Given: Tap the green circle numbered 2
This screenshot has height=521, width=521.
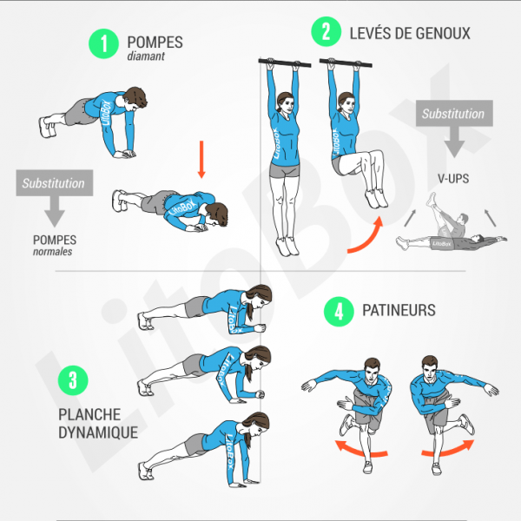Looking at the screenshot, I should pyautogui.click(x=325, y=33).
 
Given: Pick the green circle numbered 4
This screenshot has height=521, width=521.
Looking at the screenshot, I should pyautogui.click(x=336, y=310).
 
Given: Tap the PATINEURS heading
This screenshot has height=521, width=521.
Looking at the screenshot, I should pyautogui.click(x=400, y=310).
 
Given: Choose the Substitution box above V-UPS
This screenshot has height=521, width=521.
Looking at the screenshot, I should pyautogui.click(x=453, y=114).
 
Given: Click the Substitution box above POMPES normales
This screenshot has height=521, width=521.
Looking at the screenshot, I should pyautogui.click(x=54, y=183).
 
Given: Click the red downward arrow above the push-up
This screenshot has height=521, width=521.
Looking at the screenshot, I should pyautogui.click(x=201, y=162).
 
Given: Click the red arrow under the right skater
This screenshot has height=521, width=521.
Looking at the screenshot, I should pyautogui.click(x=449, y=447).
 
